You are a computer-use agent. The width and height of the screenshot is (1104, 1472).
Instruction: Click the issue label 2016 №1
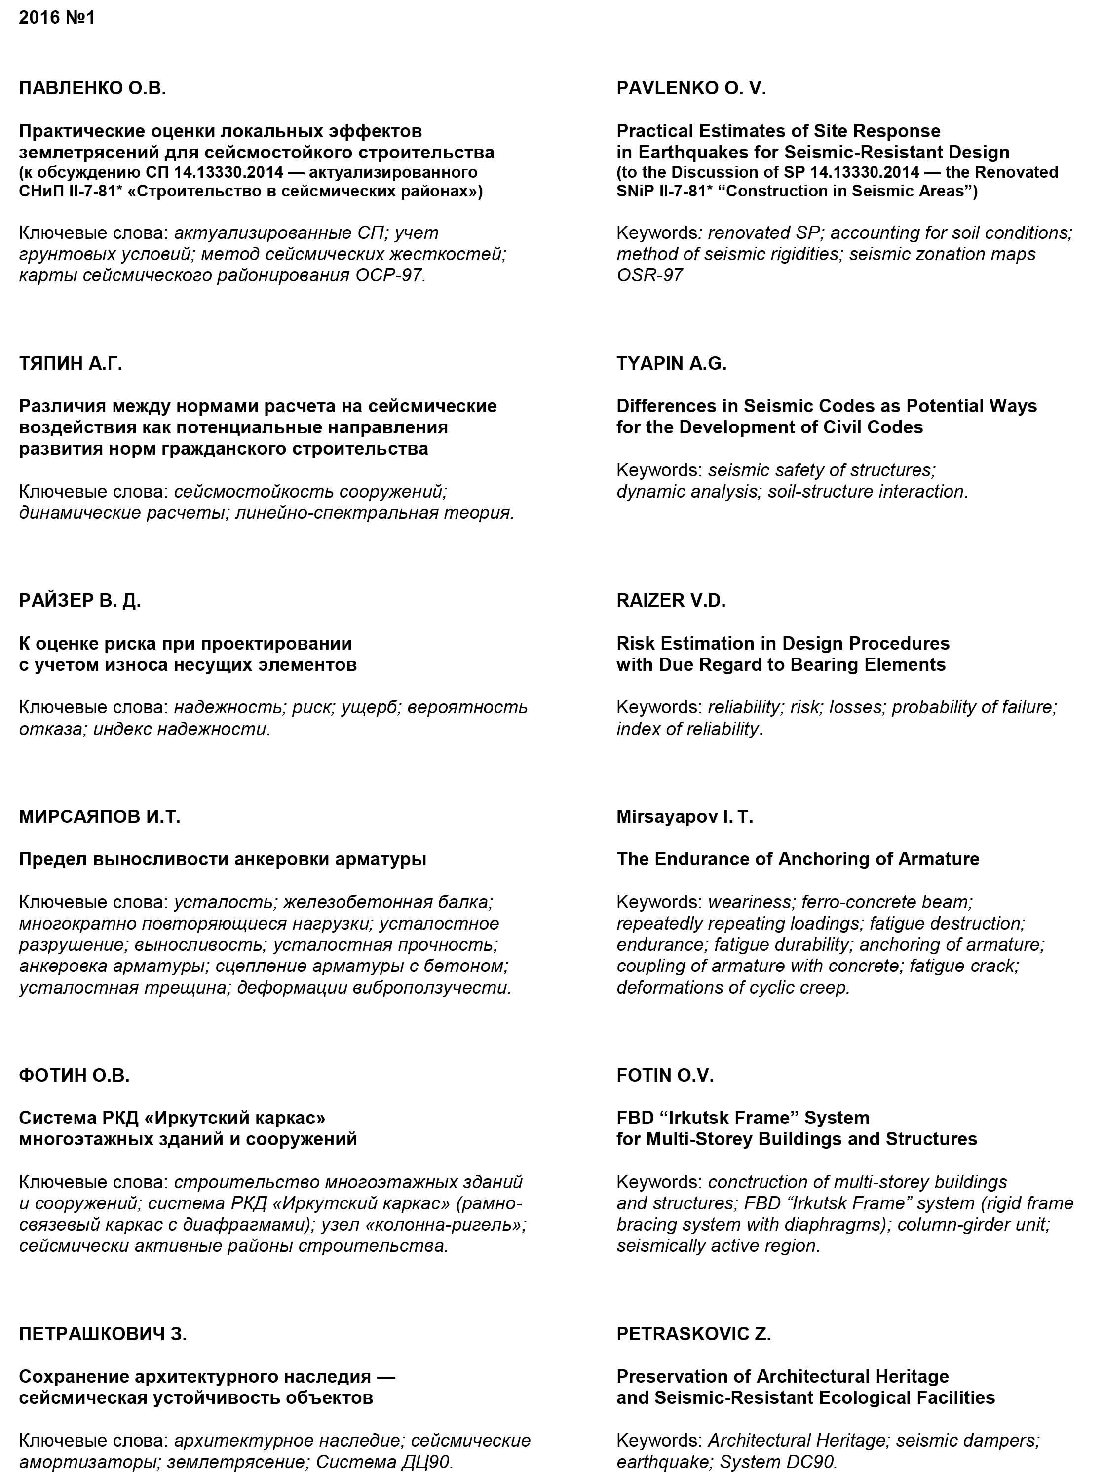click(x=57, y=18)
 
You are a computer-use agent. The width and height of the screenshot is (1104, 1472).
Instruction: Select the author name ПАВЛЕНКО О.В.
click(x=92, y=88)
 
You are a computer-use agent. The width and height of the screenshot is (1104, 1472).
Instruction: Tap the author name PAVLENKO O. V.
click(x=691, y=88)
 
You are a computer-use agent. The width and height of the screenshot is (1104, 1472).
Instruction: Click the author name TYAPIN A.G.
click(x=671, y=363)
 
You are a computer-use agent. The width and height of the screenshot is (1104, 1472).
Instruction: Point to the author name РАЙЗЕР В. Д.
click(x=80, y=600)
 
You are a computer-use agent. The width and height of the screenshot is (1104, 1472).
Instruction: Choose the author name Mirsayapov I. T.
click(x=684, y=816)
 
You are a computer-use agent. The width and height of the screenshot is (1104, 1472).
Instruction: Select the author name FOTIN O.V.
click(x=664, y=1076)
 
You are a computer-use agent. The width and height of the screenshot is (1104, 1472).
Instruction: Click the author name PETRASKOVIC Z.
click(x=693, y=1334)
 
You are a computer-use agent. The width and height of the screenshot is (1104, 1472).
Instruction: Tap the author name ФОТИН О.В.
click(x=74, y=1076)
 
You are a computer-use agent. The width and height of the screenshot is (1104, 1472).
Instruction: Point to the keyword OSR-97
click(x=649, y=275)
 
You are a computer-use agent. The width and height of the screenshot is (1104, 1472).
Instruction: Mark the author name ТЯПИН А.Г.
click(x=71, y=363)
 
